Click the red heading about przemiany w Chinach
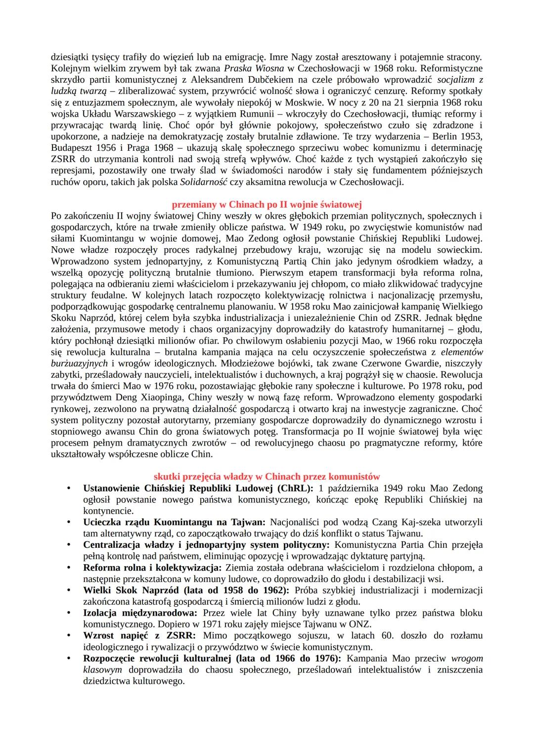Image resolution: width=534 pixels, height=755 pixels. click(x=267, y=204)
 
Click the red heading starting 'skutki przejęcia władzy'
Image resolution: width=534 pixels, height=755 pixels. click(x=267, y=477)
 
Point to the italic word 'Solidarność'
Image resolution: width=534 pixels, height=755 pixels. click(x=203, y=182)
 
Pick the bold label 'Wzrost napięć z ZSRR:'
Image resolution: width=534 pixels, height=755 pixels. click(x=139, y=636)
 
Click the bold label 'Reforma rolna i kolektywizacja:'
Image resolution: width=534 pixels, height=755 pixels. click(x=153, y=568)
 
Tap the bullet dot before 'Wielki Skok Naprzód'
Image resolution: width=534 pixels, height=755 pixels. click(x=70, y=590)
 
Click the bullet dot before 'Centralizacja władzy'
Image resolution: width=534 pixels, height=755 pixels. click(x=70, y=545)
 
